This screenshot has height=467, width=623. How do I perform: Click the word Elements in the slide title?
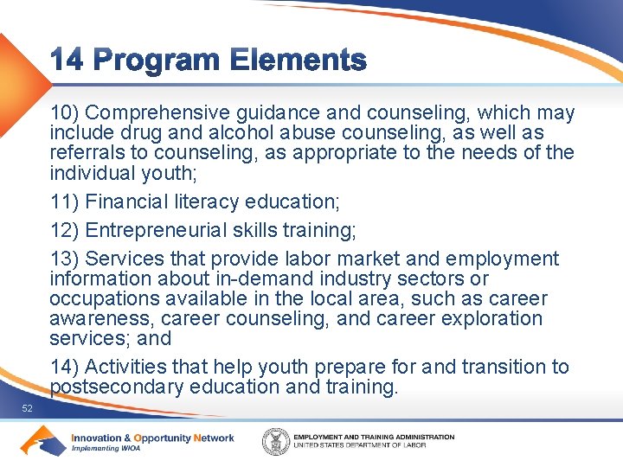[x=299, y=61]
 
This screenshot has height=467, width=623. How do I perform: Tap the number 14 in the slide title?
[x=67, y=61]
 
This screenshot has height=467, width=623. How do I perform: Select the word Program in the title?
[x=157, y=61]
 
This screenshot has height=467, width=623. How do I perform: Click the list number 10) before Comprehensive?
[x=65, y=113]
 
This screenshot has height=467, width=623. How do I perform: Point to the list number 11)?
[x=65, y=202]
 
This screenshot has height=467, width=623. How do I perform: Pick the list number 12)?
[x=65, y=231]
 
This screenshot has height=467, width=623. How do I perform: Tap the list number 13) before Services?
[x=65, y=259]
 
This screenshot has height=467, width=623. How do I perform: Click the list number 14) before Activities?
[x=65, y=368]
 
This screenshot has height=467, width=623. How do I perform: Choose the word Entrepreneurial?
[x=159, y=231]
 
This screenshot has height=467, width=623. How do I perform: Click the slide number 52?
[x=28, y=408]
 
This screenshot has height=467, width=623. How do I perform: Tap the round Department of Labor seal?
[x=276, y=441]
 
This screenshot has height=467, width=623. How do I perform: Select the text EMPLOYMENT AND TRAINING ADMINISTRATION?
[x=374, y=437]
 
